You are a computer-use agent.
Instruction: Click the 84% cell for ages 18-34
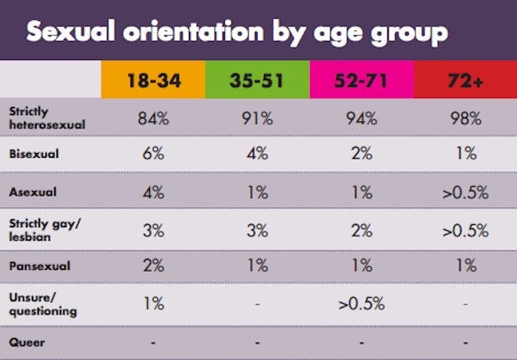coord(153,118)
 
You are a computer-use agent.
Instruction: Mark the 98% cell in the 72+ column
coord(465,118)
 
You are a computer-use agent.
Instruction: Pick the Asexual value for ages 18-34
coord(153,192)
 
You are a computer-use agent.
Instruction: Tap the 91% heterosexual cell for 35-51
coord(257,118)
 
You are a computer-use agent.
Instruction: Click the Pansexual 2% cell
coord(153,265)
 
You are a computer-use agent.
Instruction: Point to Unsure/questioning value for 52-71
coord(361,303)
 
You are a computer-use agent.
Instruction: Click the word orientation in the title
coord(208,32)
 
